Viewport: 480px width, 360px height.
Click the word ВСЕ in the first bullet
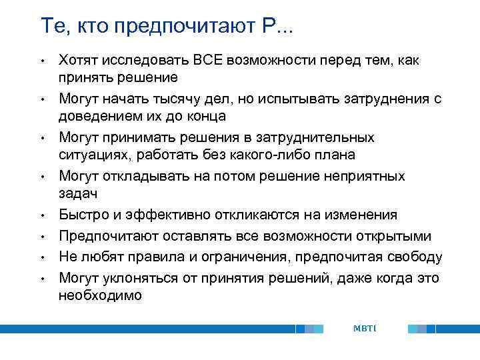(210, 61)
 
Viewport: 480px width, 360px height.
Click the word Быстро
(82, 215)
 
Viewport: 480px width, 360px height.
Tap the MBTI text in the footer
(365, 329)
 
